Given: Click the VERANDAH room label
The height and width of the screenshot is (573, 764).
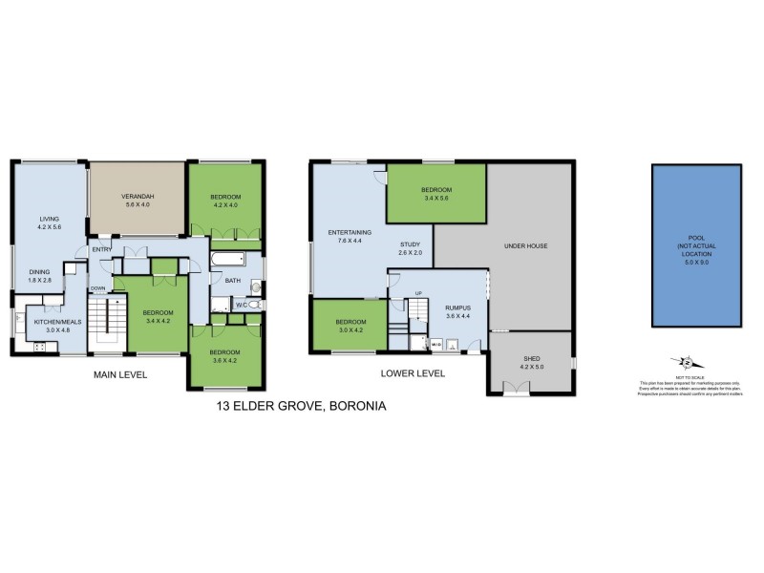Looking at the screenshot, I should pyautogui.click(x=137, y=195).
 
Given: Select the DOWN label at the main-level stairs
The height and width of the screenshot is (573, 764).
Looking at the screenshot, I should pyautogui.click(x=97, y=287).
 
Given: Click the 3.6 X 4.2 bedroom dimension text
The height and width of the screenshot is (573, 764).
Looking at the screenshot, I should pyautogui.click(x=225, y=360).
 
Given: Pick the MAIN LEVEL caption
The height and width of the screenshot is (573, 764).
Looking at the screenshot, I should pyautogui.click(x=119, y=375).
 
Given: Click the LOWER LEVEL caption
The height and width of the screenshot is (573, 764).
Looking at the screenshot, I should pyautogui.click(x=414, y=373).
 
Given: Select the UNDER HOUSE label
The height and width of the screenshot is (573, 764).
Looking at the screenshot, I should pyautogui.click(x=525, y=245).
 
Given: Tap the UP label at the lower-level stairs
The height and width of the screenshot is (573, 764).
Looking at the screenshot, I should pyautogui.click(x=417, y=293).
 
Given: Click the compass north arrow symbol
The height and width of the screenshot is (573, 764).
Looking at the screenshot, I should pyautogui.click(x=686, y=362).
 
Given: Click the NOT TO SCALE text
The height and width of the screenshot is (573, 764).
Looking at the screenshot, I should pyautogui.click(x=686, y=378).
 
